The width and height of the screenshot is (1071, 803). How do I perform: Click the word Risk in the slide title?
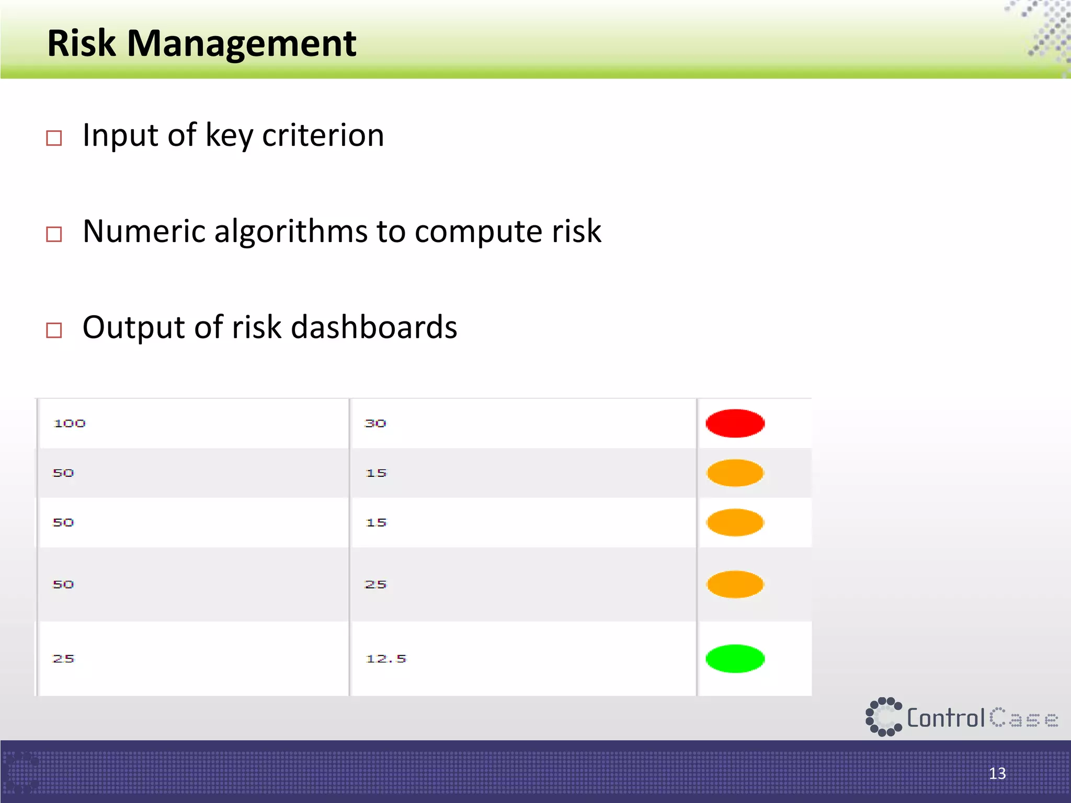81,43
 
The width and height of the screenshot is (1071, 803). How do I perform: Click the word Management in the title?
242,44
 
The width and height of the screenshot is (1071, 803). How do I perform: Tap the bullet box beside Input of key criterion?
54,138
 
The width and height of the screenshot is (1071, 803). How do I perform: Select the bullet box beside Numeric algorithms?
54,234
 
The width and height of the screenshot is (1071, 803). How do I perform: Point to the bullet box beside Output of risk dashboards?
54,330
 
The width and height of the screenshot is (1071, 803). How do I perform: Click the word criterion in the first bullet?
323,135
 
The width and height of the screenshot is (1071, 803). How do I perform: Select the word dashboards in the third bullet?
373,327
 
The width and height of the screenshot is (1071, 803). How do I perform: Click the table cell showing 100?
70,423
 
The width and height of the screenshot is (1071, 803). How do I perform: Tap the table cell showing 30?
375,423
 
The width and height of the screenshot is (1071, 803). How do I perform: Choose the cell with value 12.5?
386,659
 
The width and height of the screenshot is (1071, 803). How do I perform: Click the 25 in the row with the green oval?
63,659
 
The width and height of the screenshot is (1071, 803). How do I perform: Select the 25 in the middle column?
375,584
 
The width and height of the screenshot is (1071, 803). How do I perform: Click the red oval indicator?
735,423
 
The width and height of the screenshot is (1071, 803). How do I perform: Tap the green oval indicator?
735,659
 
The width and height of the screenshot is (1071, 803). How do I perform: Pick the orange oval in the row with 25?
735,584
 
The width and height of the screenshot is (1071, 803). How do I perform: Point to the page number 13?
997,773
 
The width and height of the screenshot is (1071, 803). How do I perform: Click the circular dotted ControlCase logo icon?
883,717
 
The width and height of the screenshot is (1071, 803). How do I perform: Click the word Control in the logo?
945,718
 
